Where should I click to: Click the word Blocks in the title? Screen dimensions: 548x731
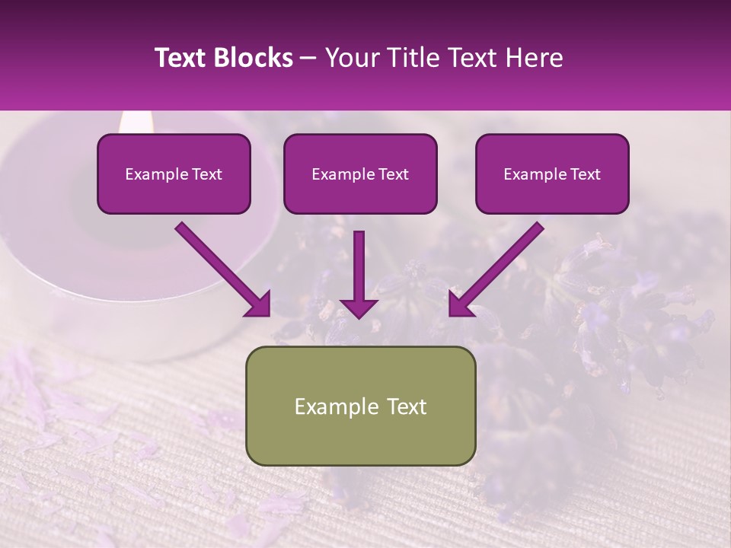tap(254, 58)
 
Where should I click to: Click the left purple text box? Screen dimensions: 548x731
tap(174, 174)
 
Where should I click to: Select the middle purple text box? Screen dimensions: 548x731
tap(360, 174)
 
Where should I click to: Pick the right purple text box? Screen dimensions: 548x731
tap(552, 174)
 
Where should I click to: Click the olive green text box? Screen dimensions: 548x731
tap(360, 406)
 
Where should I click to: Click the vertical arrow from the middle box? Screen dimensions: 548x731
tap(359, 274)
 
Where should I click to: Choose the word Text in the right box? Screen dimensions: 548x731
tap(585, 174)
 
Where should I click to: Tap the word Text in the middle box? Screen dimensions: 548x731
tap(393, 174)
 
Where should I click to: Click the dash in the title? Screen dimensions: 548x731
tap(308, 58)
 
